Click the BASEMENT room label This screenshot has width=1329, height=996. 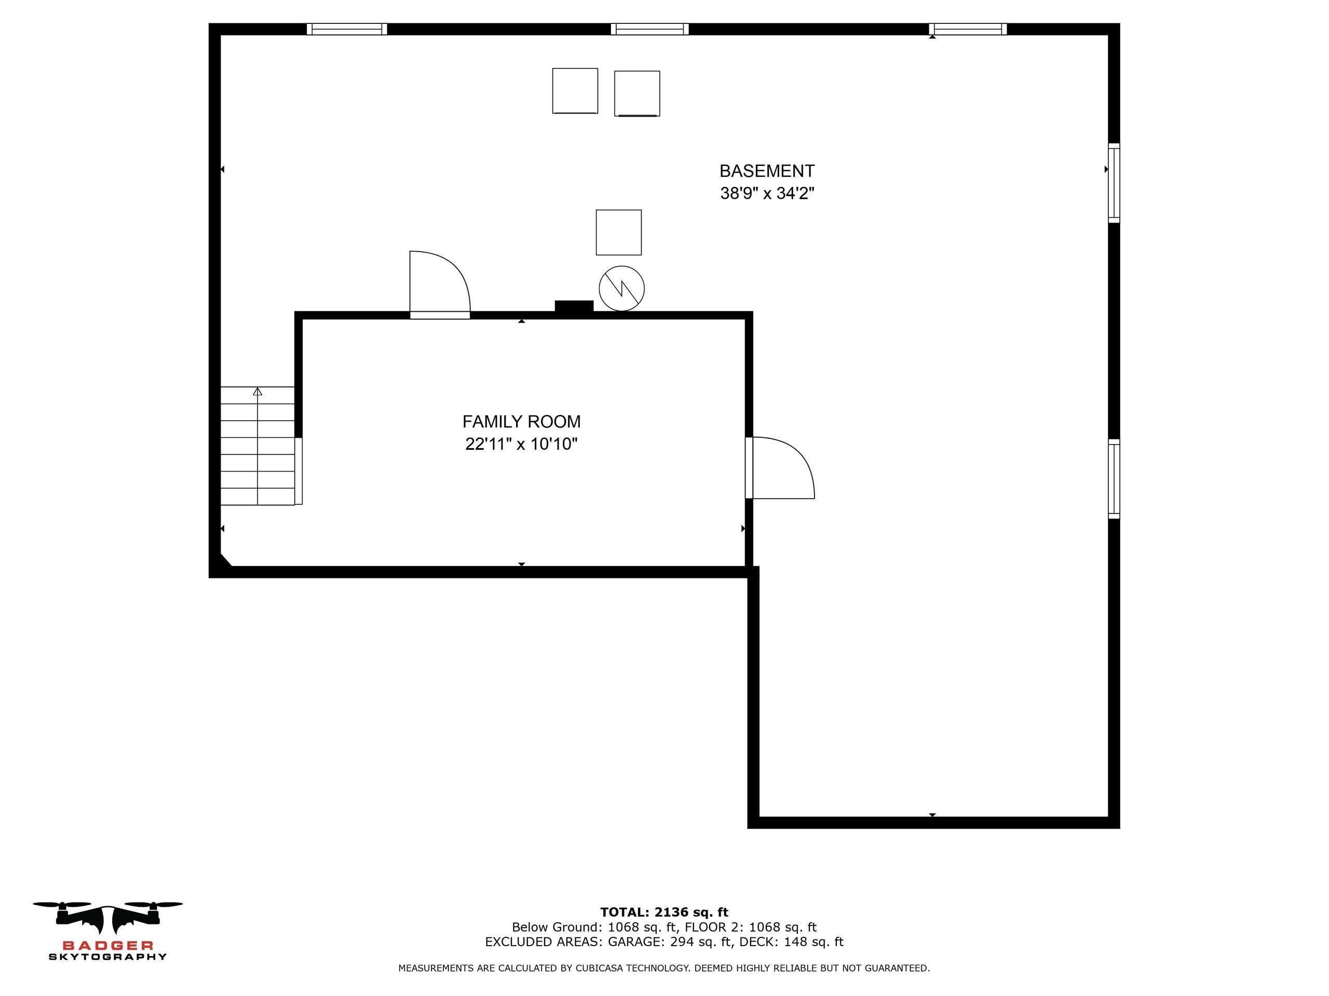pos(767,171)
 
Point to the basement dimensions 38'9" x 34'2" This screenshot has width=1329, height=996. pos(767,193)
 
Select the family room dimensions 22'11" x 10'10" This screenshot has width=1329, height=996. pos(522,444)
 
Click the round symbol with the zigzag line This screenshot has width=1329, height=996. pos(622,288)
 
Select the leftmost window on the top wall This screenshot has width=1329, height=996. pos(347,29)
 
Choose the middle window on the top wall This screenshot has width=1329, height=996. pos(649,29)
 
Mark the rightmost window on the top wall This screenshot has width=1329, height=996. pos(968,29)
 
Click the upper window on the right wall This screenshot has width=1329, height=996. pos(1114,183)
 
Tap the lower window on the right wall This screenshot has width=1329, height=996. pos(1114,478)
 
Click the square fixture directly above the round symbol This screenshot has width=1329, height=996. pos(619,232)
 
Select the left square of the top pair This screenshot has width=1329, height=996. pos(575,91)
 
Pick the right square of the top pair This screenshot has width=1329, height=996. pos(637,94)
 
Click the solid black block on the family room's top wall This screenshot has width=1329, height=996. pos(574,306)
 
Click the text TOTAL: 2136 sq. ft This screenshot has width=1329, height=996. pos(664,912)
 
